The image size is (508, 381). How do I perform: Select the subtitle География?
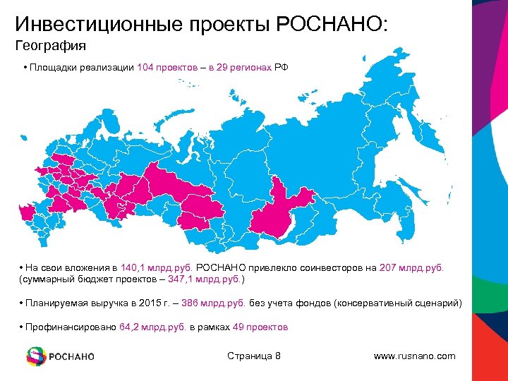(51, 47)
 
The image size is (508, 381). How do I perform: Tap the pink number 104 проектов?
(165, 68)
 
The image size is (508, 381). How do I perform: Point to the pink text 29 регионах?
(246, 68)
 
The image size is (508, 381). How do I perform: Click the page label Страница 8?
(254, 356)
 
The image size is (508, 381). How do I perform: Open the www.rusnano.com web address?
(414, 356)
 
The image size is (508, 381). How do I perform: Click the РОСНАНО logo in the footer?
(61, 356)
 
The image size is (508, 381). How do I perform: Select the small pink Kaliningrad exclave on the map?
(23, 210)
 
